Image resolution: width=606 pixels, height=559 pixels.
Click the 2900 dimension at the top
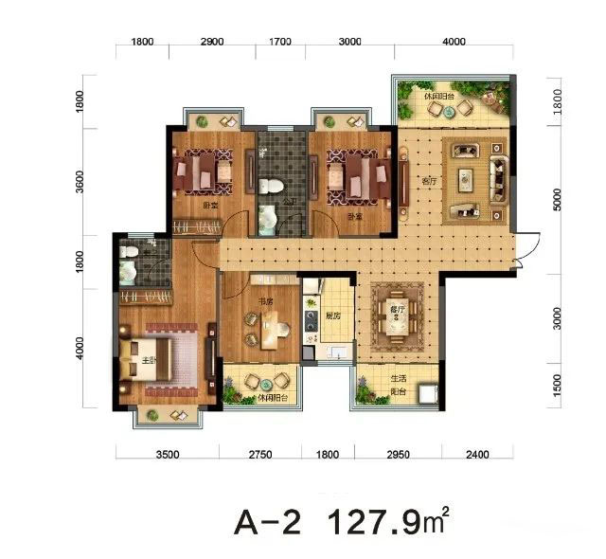coord(212,44)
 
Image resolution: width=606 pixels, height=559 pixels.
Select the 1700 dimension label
coord(280,44)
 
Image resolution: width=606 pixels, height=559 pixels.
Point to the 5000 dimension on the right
coord(557,198)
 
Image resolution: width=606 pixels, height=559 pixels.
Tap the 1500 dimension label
coord(557,384)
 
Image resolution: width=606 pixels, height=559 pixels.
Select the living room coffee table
coord(467,176)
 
